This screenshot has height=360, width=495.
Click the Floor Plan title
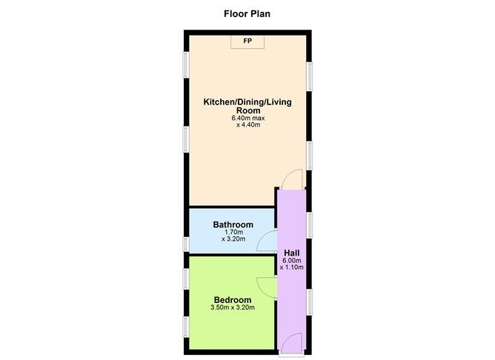pos(247,13)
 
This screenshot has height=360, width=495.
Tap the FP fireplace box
pos(247,41)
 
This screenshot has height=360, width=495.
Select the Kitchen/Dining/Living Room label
pos(247,106)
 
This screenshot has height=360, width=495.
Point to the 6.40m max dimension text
pos(247,118)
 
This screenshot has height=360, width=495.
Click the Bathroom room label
pos(233,224)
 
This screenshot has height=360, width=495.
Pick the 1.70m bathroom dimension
pos(233,232)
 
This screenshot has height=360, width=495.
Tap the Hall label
pos(292,252)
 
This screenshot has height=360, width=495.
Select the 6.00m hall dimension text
pos(292,260)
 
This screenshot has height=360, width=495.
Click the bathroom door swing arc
pos(265,242)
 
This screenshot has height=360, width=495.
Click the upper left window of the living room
pos(186,63)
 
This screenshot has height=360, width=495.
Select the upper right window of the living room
pos(309,74)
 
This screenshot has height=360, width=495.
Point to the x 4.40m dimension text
pos(247,125)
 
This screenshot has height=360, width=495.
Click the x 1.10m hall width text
pos(292,267)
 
